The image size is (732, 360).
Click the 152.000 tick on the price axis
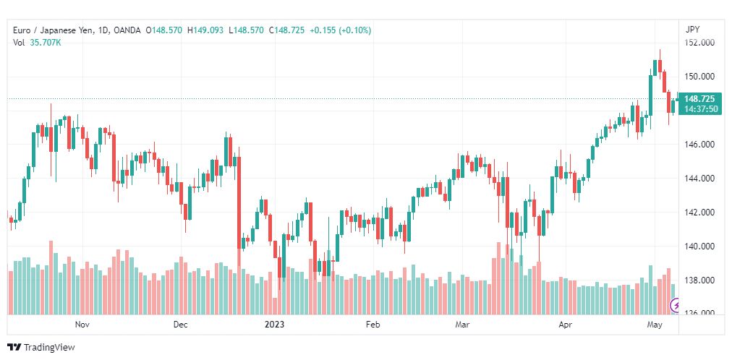[699, 43]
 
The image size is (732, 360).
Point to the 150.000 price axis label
[699, 77]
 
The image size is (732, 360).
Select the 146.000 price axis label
[699, 145]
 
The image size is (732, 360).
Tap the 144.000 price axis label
[699, 179]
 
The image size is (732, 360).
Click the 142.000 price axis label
[699, 213]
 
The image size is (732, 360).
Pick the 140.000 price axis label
[699, 247]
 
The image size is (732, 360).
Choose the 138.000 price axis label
[699, 280]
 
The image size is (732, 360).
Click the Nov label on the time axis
[82, 325]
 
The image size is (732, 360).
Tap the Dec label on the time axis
[180, 325]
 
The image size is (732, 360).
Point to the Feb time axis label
[373, 325]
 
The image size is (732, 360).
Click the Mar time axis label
[462, 325]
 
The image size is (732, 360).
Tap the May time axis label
[655, 325]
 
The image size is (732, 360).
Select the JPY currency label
[693, 30]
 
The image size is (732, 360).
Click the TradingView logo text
[48, 348]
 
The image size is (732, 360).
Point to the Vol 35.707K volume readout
[37, 43]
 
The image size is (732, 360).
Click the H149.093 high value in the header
[205, 30]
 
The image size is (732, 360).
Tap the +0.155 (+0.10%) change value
[340, 30]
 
